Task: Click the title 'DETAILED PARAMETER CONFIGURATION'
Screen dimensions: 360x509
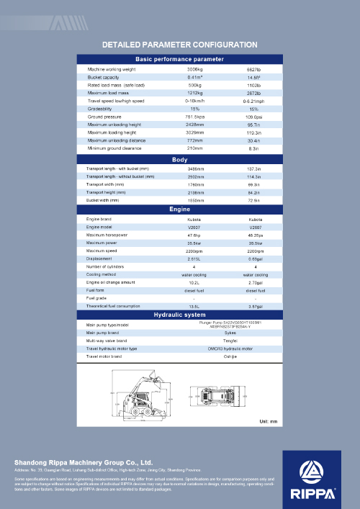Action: pyautogui.click(x=180, y=44)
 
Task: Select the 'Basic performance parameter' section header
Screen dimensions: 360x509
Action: pyautogui.click(x=180, y=58)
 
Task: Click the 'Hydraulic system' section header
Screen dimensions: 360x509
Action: pyautogui.click(x=180, y=315)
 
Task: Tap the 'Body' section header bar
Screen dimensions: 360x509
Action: pyautogui.click(x=180, y=159)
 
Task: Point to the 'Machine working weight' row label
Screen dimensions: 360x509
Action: pyautogui.click(x=112, y=69)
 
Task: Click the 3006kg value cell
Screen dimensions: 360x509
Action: pyautogui.click(x=195, y=69)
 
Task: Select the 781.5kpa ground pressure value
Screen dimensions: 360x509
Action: pyautogui.click(x=195, y=116)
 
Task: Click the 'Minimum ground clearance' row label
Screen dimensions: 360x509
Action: pyautogui.click(x=114, y=148)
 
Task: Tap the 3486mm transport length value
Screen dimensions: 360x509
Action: pyautogui.click(x=195, y=168)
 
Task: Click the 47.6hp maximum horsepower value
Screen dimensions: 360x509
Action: pyautogui.click(x=194, y=235)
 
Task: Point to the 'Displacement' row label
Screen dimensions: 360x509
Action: pyautogui.click(x=99, y=258)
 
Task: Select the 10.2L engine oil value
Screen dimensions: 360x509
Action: pyautogui.click(x=194, y=282)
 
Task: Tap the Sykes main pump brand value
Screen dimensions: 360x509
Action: pyautogui.click(x=230, y=333)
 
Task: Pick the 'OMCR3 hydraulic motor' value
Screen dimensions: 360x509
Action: pyautogui.click(x=230, y=348)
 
